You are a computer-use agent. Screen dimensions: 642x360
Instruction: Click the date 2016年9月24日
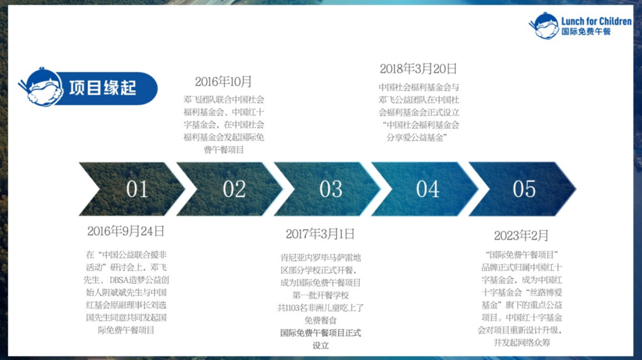125,231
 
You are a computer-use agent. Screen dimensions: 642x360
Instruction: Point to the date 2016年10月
223,82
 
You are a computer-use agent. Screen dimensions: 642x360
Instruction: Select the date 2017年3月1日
320,234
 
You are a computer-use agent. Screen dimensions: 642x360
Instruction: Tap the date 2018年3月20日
418,68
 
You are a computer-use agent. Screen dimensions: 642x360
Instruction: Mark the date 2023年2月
521,235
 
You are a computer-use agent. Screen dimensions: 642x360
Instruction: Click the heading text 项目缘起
102,88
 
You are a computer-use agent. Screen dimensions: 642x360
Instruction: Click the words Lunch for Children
596,21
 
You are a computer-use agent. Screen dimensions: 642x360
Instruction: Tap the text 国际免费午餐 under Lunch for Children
586,31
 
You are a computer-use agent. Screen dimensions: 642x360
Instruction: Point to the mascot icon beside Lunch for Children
544,25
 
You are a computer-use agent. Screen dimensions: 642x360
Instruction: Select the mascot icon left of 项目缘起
41,87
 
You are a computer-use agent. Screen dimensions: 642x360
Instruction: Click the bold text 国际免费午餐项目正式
320,333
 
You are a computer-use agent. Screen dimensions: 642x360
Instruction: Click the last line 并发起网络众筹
522,342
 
